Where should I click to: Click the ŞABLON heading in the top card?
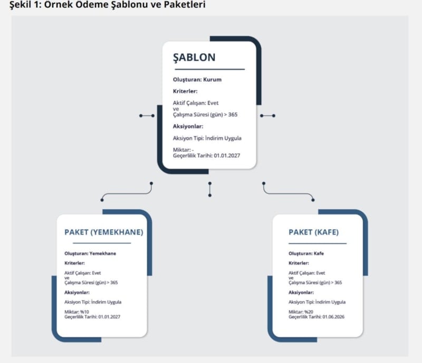point(194,57)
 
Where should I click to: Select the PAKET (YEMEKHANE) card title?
point(103,232)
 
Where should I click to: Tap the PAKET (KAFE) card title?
point(313,232)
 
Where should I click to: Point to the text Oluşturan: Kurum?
point(197,80)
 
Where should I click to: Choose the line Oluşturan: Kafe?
point(306,253)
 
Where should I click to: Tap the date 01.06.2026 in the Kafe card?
point(336,317)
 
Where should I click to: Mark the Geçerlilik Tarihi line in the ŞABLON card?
point(205,156)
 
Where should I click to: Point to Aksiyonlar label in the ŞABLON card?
point(188,126)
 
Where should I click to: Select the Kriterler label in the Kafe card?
point(299,263)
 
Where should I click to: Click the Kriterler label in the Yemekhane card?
point(75,263)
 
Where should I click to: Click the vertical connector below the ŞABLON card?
point(209,190)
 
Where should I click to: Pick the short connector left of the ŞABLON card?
point(147,115)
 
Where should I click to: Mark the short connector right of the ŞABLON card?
point(267,115)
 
